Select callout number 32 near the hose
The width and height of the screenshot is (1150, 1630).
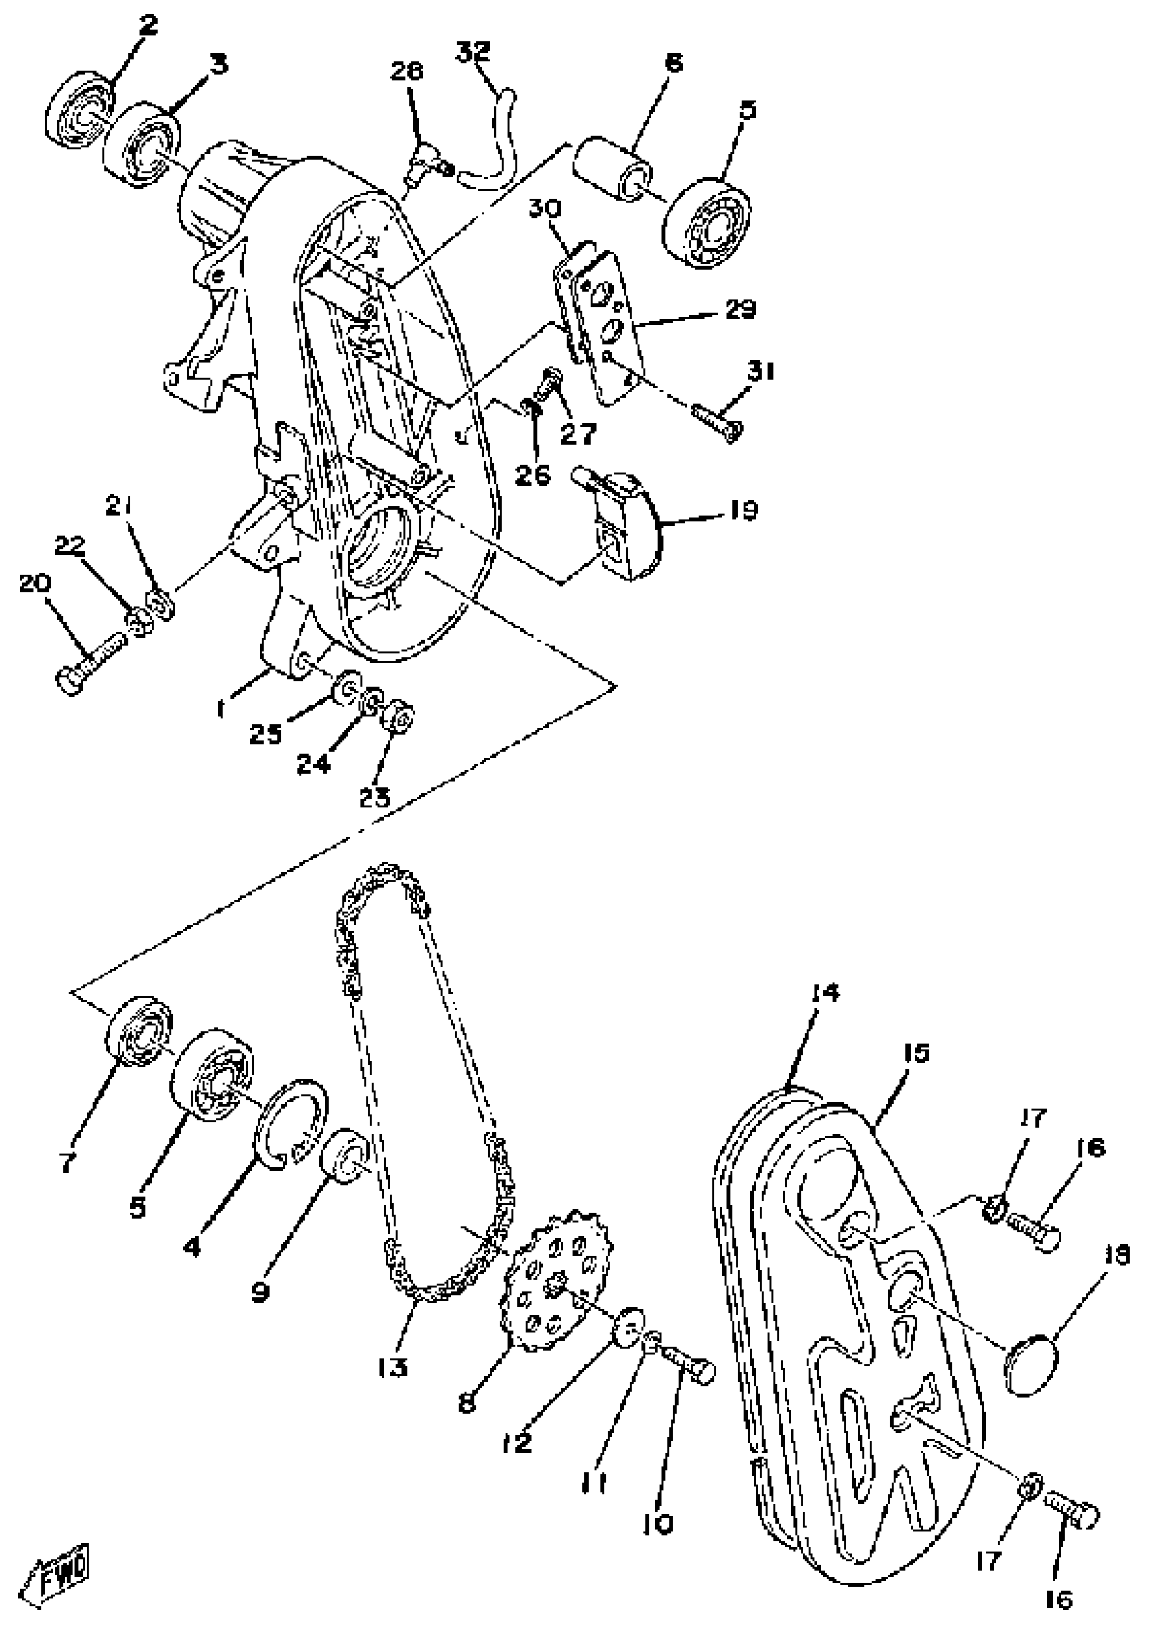473,53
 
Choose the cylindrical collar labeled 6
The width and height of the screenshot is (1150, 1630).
613,170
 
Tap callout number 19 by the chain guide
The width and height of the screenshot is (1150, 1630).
743,511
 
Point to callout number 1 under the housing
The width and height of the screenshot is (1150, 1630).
221,708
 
